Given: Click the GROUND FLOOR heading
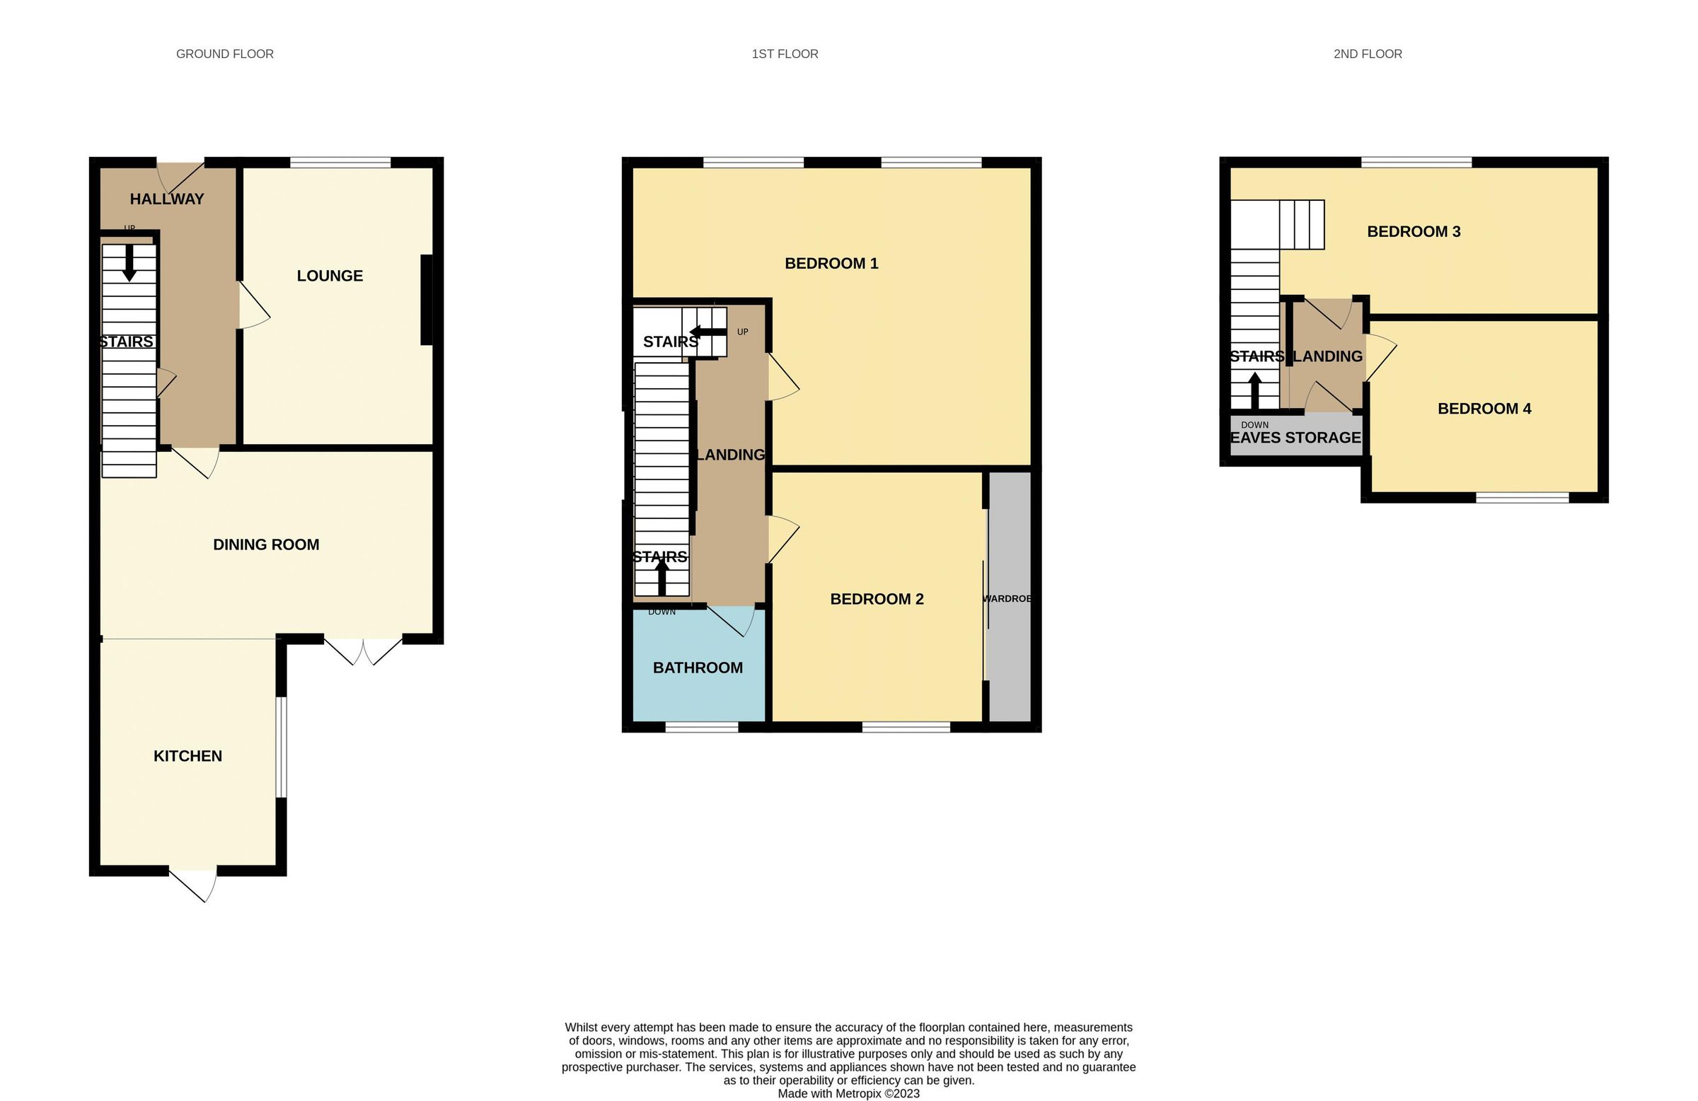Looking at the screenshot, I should pyautogui.click(x=225, y=54).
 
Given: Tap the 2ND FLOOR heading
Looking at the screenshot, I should pyautogui.click(x=1367, y=54).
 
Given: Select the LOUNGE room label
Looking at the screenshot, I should pyautogui.click(x=330, y=276).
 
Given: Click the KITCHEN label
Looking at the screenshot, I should pyautogui.click(x=187, y=756).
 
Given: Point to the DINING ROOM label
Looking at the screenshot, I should pyautogui.click(x=266, y=544).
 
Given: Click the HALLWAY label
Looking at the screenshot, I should pyautogui.click(x=167, y=199).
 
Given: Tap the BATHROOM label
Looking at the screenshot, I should pyautogui.click(x=698, y=668).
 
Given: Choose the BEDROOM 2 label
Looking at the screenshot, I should pyautogui.click(x=876, y=599).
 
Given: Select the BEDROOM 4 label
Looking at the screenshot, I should pyautogui.click(x=1484, y=409).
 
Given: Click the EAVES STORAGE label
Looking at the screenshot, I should pyautogui.click(x=1295, y=438).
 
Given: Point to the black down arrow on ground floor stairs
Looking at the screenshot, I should pyautogui.click(x=129, y=263).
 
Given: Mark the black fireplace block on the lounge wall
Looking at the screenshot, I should pyautogui.click(x=427, y=301).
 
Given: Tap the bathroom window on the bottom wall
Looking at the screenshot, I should pyautogui.click(x=701, y=728).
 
